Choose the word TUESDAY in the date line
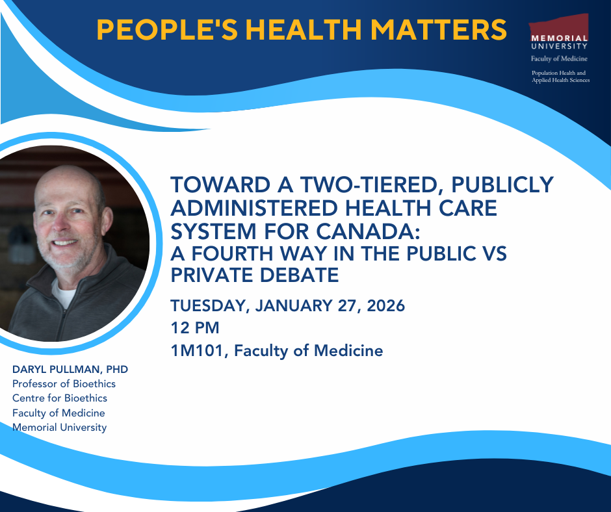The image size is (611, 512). (x=210, y=305)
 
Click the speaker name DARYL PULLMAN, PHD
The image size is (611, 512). (x=70, y=369)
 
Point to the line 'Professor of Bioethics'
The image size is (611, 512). (x=64, y=383)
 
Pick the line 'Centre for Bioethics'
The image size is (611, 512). (x=60, y=398)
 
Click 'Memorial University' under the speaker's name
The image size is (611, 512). (x=60, y=427)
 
